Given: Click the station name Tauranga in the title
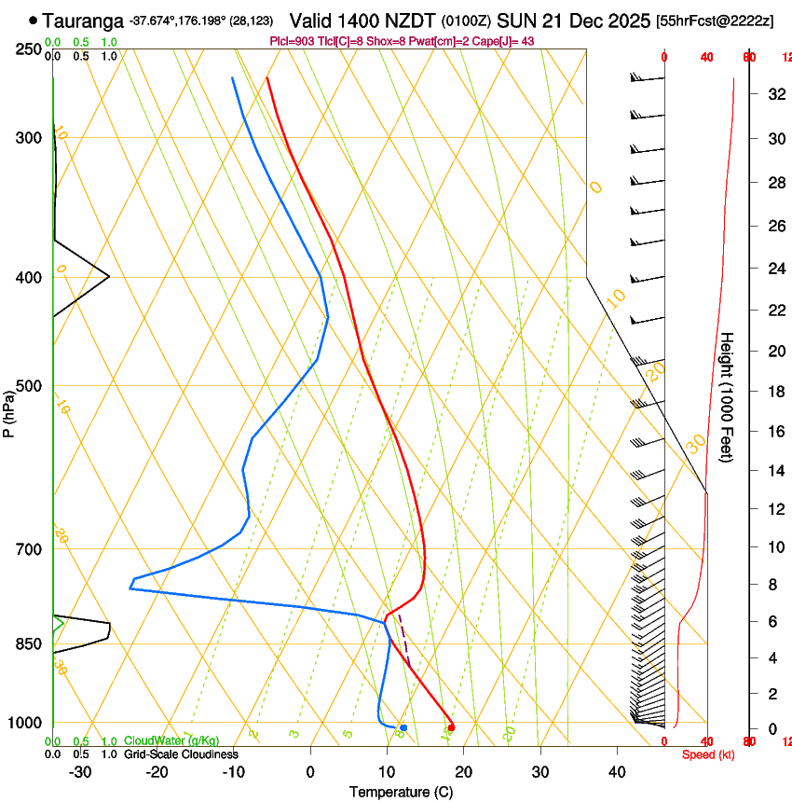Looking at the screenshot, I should click(x=84, y=20).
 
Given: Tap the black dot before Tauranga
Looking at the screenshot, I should click(x=34, y=20).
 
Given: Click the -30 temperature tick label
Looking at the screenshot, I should click(x=80, y=772).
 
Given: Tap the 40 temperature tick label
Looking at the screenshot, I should click(x=617, y=772).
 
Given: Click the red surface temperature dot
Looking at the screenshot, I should click(x=451, y=727).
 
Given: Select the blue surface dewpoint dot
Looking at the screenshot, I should click(x=403, y=727).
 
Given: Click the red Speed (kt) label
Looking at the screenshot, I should click(x=708, y=754).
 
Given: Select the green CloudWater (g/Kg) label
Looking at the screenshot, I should click(x=172, y=741).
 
